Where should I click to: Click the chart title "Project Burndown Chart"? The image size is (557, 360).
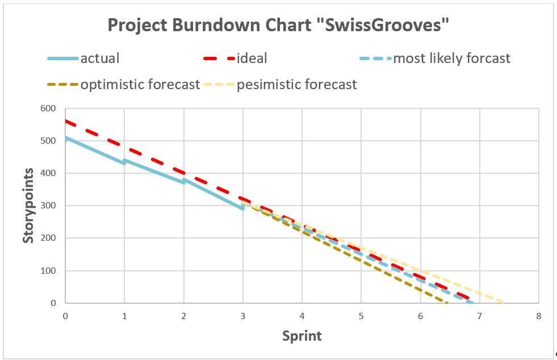(x=278, y=26)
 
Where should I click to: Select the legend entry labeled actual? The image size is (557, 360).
(x=99, y=58)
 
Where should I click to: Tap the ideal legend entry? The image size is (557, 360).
(x=252, y=58)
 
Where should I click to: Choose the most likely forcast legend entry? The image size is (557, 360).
(x=451, y=58)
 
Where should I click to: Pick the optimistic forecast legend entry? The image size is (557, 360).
(x=140, y=85)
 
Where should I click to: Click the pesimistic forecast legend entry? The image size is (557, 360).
(x=296, y=85)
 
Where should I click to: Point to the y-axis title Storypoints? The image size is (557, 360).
(x=28, y=206)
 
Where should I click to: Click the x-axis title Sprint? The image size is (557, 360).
(x=302, y=336)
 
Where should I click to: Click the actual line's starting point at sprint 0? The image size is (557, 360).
(x=66, y=138)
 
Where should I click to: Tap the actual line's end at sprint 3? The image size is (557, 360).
(x=242, y=208)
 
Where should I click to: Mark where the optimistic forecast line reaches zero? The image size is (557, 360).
(x=447, y=303)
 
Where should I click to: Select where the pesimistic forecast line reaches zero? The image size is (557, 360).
(x=503, y=302)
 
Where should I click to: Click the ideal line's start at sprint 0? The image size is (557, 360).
(x=66, y=121)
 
